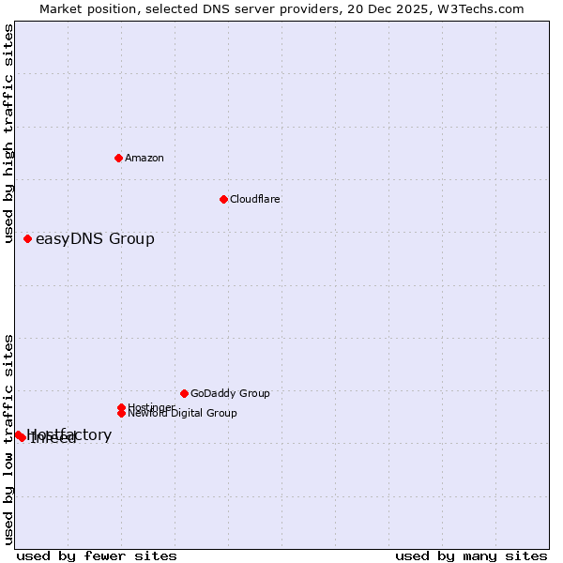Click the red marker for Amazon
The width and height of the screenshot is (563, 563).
pos(118,158)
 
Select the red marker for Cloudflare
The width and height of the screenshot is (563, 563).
pos(223,199)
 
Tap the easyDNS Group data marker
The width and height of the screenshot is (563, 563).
pos(28,239)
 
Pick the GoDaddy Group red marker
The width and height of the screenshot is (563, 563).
pos(184,393)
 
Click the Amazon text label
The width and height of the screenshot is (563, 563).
pos(145,158)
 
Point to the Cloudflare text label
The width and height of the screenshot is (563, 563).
pos(255,199)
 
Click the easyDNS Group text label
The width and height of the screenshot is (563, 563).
pos(95,239)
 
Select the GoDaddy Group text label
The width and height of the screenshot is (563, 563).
pos(230,393)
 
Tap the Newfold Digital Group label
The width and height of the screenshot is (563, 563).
pos(182,413)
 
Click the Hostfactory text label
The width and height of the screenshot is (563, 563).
pos(69,435)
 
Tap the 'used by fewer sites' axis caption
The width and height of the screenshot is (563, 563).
pos(97,555)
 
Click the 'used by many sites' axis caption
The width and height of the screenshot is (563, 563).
pos(471,555)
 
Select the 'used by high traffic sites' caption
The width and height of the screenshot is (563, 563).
pos(8,133)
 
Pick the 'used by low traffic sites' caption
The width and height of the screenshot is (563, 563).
pos(8,438)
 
